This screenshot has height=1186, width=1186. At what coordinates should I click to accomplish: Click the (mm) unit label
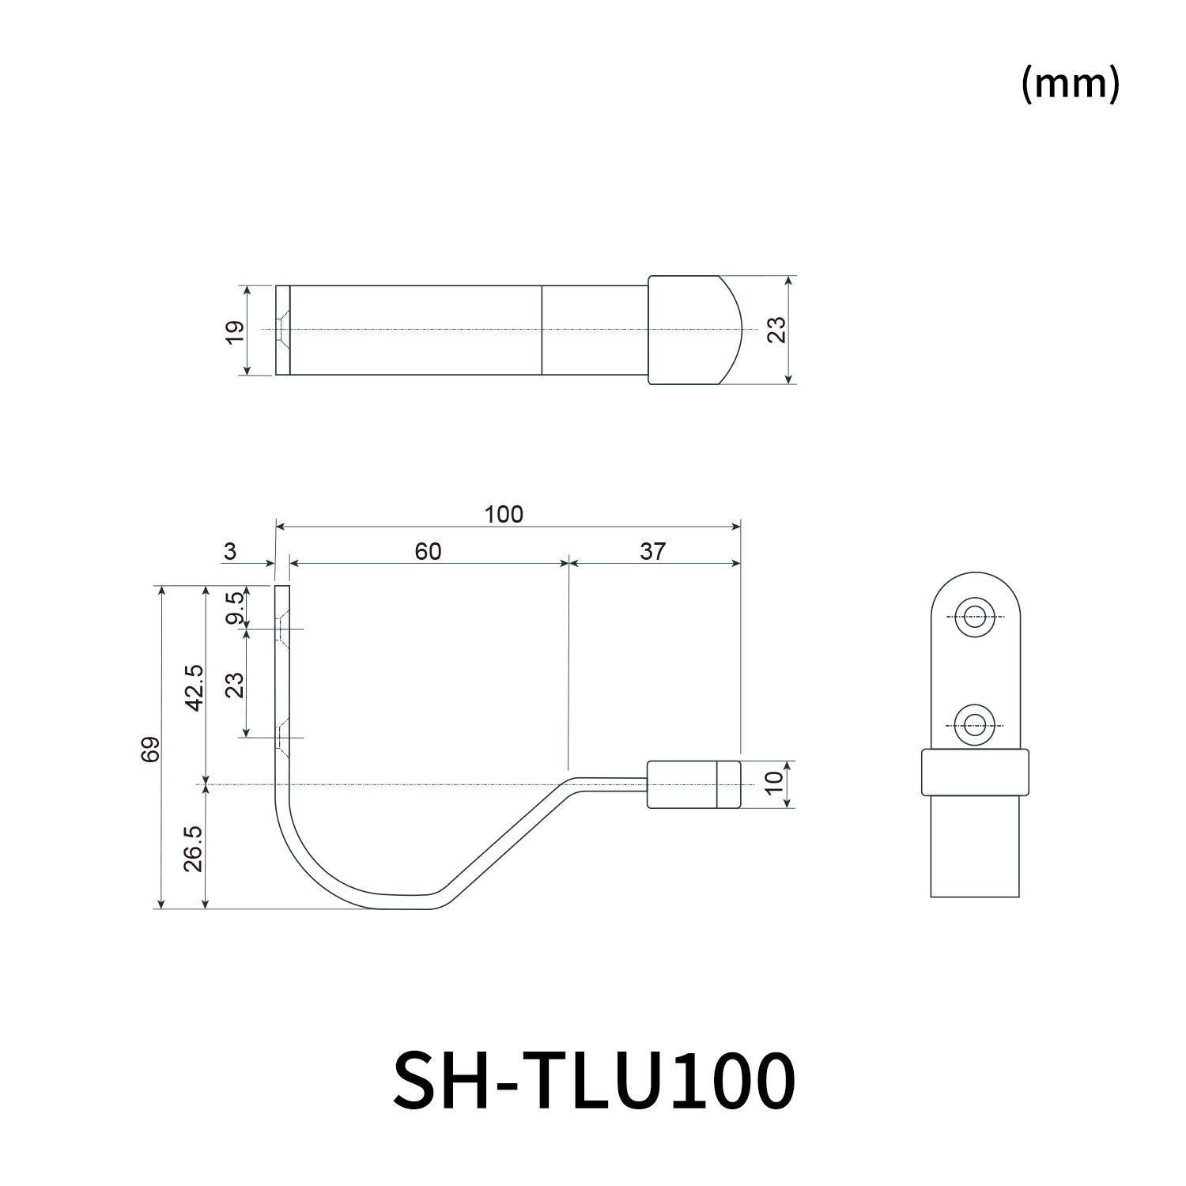[x=1071, y=83]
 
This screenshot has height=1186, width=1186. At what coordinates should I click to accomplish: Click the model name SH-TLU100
[x=594, y=1080]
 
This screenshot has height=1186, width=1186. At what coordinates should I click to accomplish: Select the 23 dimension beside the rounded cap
[x=776, y=329]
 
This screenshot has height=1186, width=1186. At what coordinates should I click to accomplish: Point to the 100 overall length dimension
[x=504, y=515]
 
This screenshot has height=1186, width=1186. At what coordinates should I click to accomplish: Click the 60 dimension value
[x=428, y=551]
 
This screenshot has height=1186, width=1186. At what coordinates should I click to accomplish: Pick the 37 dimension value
[x=652, y=551]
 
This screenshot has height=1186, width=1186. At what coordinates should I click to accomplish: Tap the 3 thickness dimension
[x=229, y=551]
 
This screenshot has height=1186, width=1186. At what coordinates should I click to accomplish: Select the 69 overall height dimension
[x=151, y=748]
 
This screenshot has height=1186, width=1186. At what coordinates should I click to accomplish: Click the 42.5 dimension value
[x=195, y=686]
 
